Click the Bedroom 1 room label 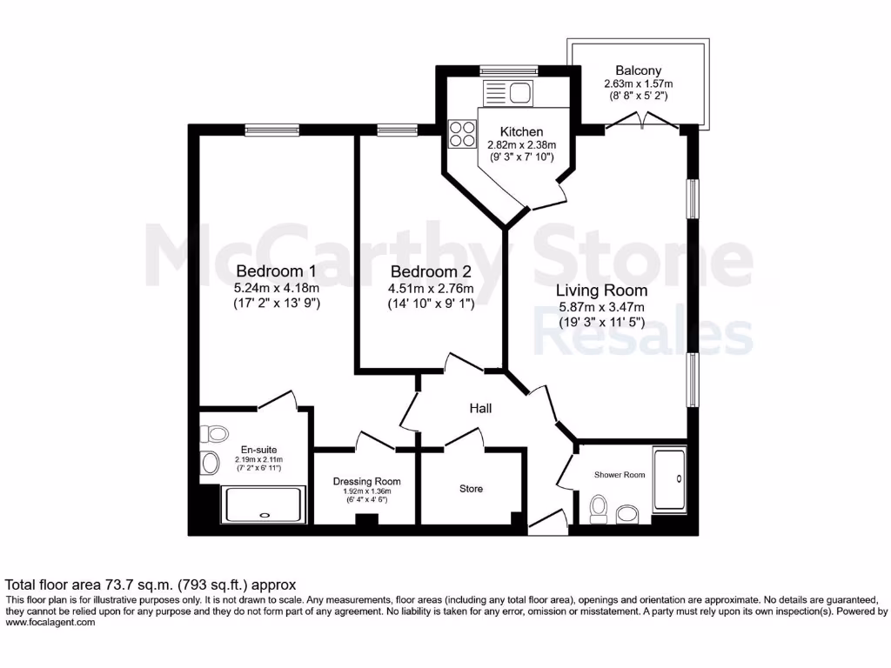click(276, 271)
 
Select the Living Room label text click(601, 290)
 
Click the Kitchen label click(521, 131)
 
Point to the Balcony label click(638, 70)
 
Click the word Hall click(481, 408)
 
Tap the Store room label click(471, 489)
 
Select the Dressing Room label click(367, 481)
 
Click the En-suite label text click(259, 450)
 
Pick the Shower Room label click(620, 475)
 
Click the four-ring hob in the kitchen click(461, 134)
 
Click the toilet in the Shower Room click(599, 509)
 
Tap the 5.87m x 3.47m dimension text click(601, 307)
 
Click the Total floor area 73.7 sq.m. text click(151, 584)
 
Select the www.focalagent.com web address click(50, 622)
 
